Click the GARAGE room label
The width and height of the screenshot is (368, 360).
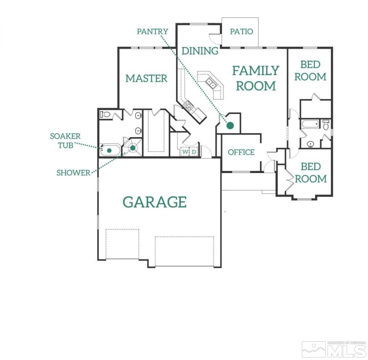(155, 202)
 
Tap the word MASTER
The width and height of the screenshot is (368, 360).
(146, 78)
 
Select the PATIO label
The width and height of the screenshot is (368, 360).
(241, 32)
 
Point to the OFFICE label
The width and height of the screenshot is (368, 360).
(241, 152)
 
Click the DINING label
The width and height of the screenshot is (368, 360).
(200, 51)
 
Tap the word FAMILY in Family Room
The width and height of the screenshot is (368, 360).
(255, 71)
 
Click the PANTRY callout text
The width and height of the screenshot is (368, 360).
(152, 32)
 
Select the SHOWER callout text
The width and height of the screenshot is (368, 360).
(74, 173)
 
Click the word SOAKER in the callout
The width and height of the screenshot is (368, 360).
(65, 136)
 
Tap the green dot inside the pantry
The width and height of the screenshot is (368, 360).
(230, 125)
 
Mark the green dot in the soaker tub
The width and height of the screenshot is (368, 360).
(109, 150)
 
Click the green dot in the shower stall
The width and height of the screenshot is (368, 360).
(133, 148)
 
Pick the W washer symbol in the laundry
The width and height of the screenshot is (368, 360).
(185, 152)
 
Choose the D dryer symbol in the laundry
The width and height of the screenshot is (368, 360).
(194, 152)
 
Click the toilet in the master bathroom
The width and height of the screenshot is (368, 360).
(105, 115)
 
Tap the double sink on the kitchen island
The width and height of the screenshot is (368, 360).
(210, 82)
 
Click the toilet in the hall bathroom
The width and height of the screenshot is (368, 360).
(326, 125)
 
